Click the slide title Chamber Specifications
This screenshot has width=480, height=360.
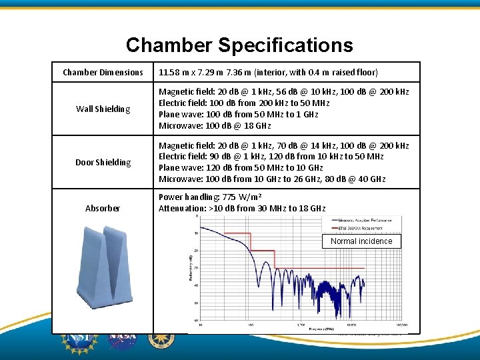pos(239,45)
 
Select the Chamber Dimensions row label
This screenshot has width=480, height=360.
pos(103,72)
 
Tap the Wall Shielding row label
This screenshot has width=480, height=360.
pos(103,109)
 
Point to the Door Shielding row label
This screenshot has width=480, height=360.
pos(103,162)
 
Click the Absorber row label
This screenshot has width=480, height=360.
pos(103,208)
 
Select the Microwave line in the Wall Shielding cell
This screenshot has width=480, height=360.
pos(215,126)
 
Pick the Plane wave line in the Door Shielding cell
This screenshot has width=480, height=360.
pos(241,168)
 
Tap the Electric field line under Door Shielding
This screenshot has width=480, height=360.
pos(271,157)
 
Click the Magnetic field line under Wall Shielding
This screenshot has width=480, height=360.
pos(283,92)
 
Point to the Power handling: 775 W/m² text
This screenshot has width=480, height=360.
pos(209,197)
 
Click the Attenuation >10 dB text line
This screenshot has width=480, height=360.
pos(242,209)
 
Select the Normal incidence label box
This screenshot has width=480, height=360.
pos(361,241)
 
